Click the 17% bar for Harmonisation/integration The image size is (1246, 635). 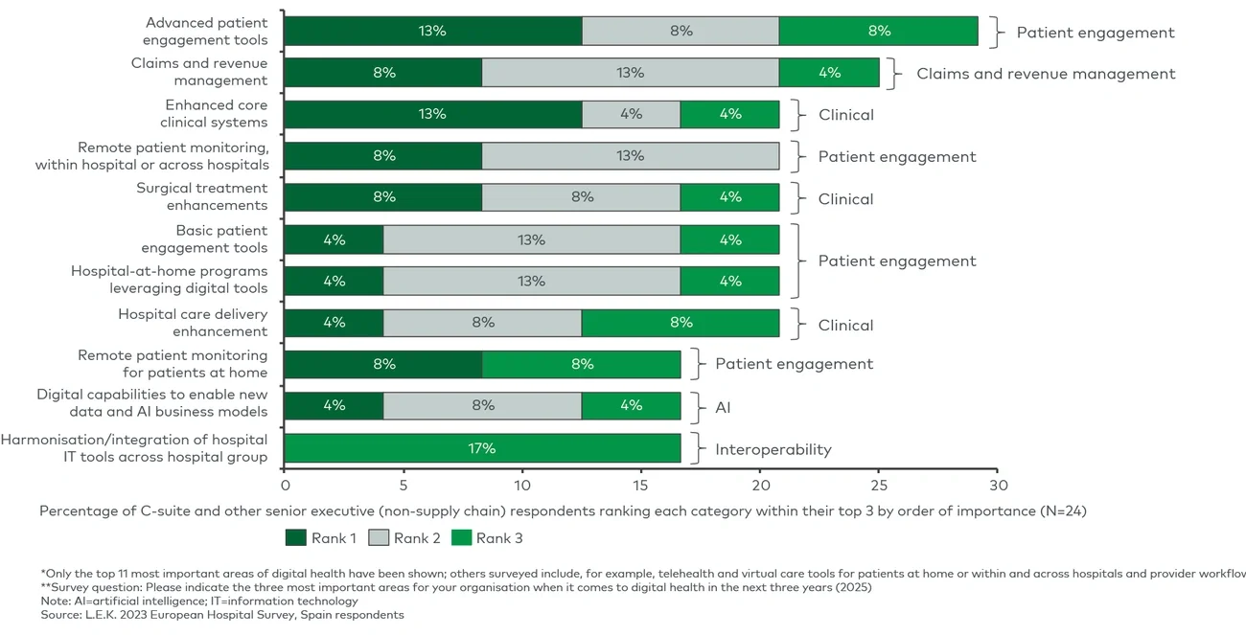pyautogui.click(x=482, y=448)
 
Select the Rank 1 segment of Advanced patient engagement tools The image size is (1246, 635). pyautogui.click(x=433, y=31)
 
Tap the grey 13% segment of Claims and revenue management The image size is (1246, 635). pyautogui.click(x=630, y=73)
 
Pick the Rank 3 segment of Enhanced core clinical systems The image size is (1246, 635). pyautogui.click(x=729, y=114)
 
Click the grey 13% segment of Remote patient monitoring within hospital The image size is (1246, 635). pyautogui.click(x=630, y=156)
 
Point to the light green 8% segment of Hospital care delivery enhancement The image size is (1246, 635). pyautogui.click(x=681, y=323)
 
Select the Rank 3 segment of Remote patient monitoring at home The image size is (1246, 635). pyautogui.click(x=582, y=364)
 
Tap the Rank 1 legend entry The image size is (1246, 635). pyautogui.click(x=321, y=538)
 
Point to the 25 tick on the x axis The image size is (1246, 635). pyautogui.click(x=879, y=473)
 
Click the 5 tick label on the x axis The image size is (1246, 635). pyautogui.click(x=404, y=473)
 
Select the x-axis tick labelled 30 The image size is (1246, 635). pyautogui.click(x=998, y=473)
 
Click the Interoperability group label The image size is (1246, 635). pyautogui.click(x=773, y=449)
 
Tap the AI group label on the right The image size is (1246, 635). pyautogui.click(x=724, y=407)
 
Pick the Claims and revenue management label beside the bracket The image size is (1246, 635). pyautogui.click(x=1046, y=74)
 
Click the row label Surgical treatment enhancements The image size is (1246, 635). pyautogui.click(x=201, y=196)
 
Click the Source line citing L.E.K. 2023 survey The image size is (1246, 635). pyautogui.click(x=222, y=615)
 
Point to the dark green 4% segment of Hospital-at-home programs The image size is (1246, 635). pyautogui.click(x=334, y=281)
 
